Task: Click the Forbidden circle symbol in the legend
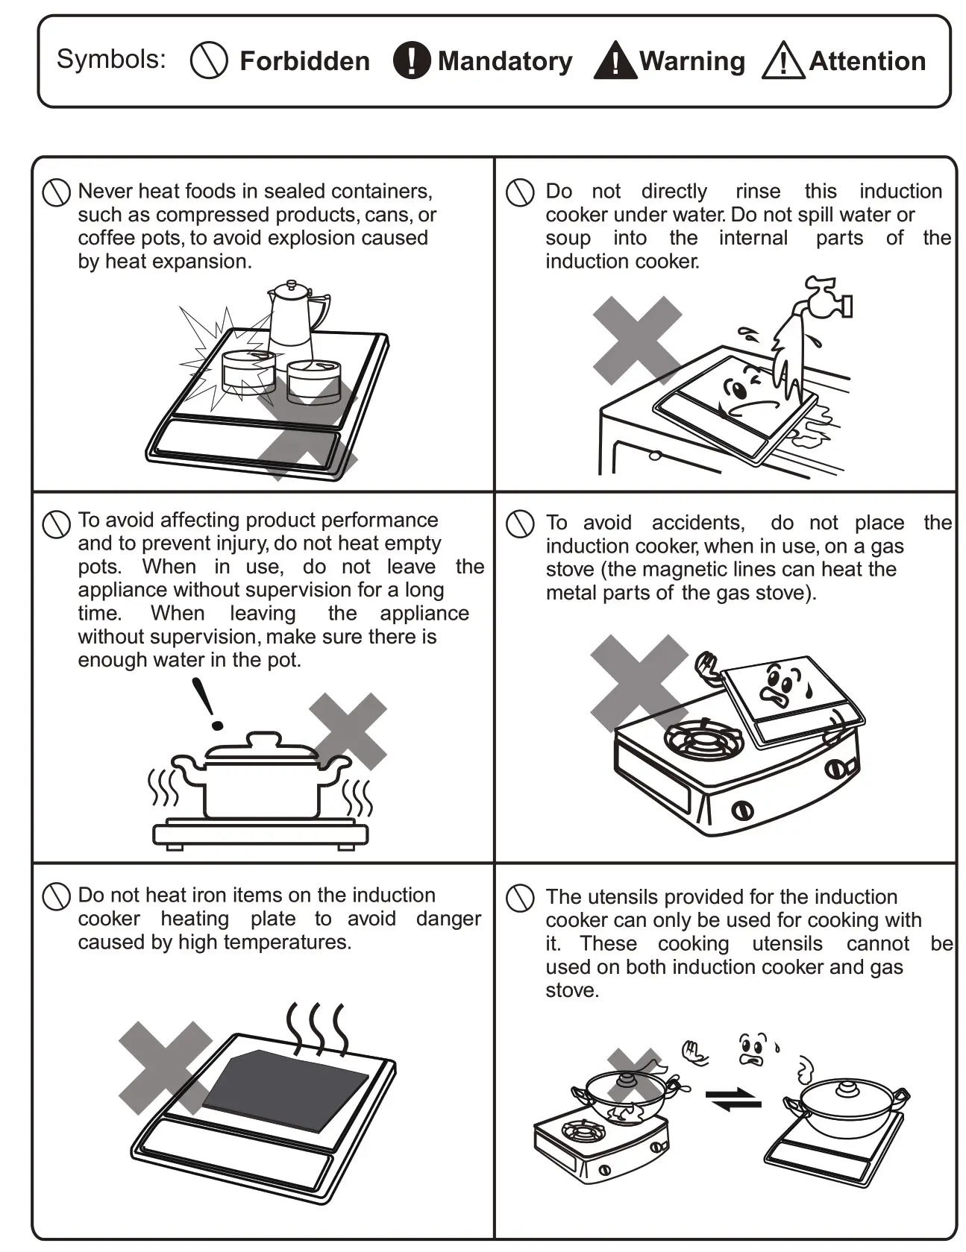point(209,60)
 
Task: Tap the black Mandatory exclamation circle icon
point(411,60)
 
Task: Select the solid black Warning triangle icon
point(615,61)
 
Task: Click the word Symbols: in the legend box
point(111,59)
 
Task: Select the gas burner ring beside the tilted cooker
point(703,740)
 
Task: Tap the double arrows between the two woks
point(733,1098)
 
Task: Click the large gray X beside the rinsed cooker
point(636,340)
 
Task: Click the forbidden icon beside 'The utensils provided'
point(520,899)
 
